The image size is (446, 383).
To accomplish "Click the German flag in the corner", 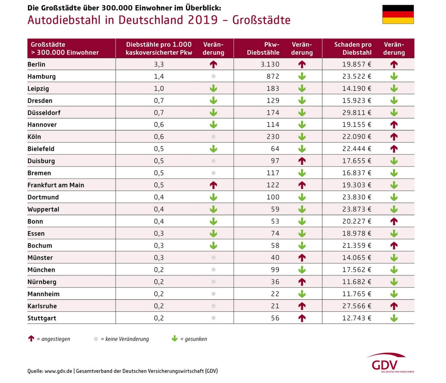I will pyautogui.click(x=398, y=14).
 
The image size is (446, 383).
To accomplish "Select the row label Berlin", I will pyautogui.click(x=37, y=64).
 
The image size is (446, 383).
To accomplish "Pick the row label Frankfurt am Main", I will pyautogui.click(x=56, y=185).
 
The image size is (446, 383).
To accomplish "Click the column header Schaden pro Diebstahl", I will pyautogui.click(x=353, y=49).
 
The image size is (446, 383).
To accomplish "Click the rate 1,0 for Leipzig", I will pyautogui.click(x=159, y=88).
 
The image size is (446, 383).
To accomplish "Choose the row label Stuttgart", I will pyautogui.click(x=42, y=318).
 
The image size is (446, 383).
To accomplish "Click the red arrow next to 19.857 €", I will pyautogui.click(x=394, y=65).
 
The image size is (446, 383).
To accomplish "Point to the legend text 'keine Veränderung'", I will pyautogui.click(x=125, y=339).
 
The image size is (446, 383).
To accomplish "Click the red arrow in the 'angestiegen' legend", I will pyautogui.click(x=31, y=339).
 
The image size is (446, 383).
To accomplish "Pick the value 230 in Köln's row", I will pyautogui.click(x=273, y=137).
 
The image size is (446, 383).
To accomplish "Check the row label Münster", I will pyautogui.click(x=40, y=257).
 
